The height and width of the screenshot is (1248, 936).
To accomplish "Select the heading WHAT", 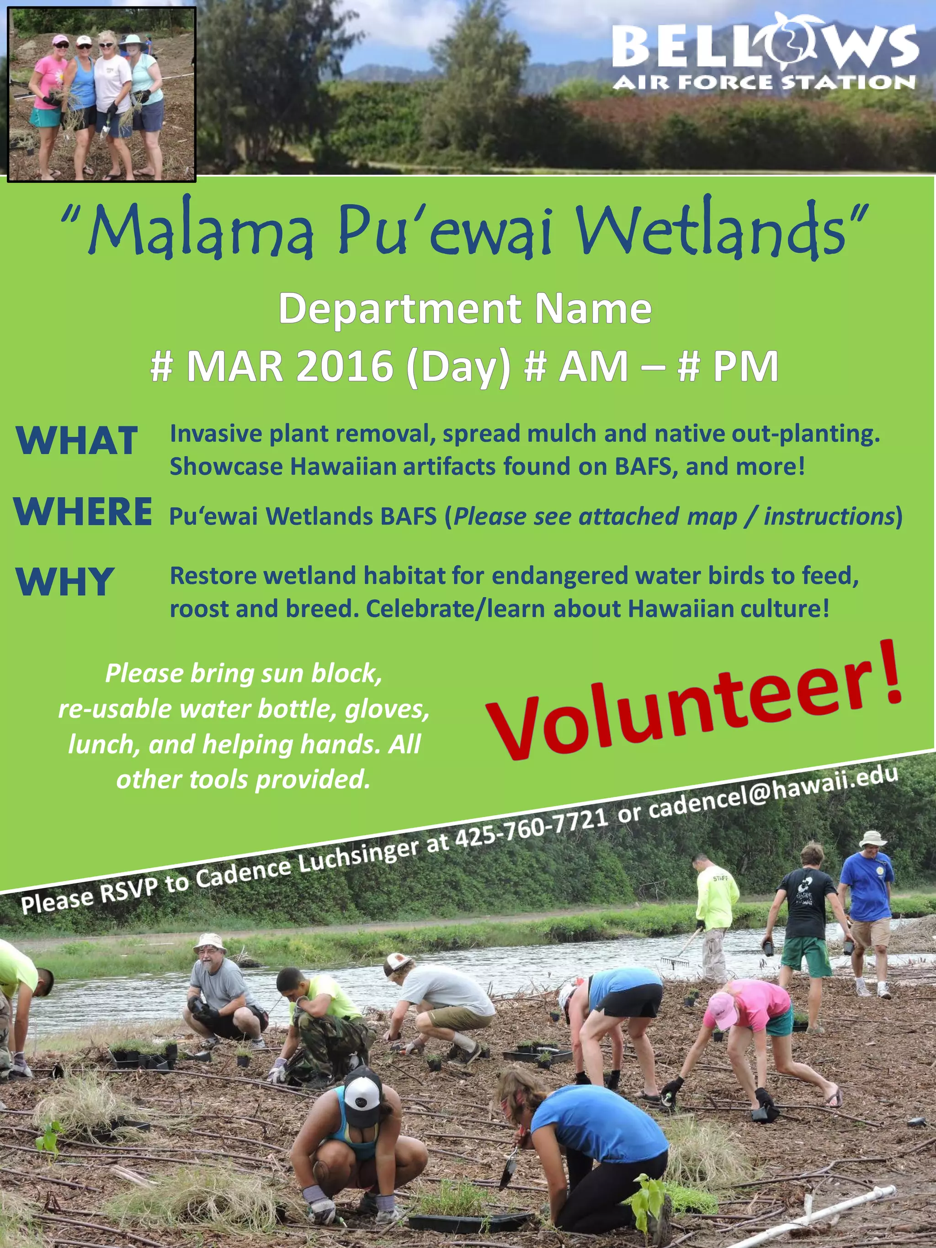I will [77, 441].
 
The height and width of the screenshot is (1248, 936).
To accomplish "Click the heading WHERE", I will [82, 512].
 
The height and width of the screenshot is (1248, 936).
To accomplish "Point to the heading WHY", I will [65, 582].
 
